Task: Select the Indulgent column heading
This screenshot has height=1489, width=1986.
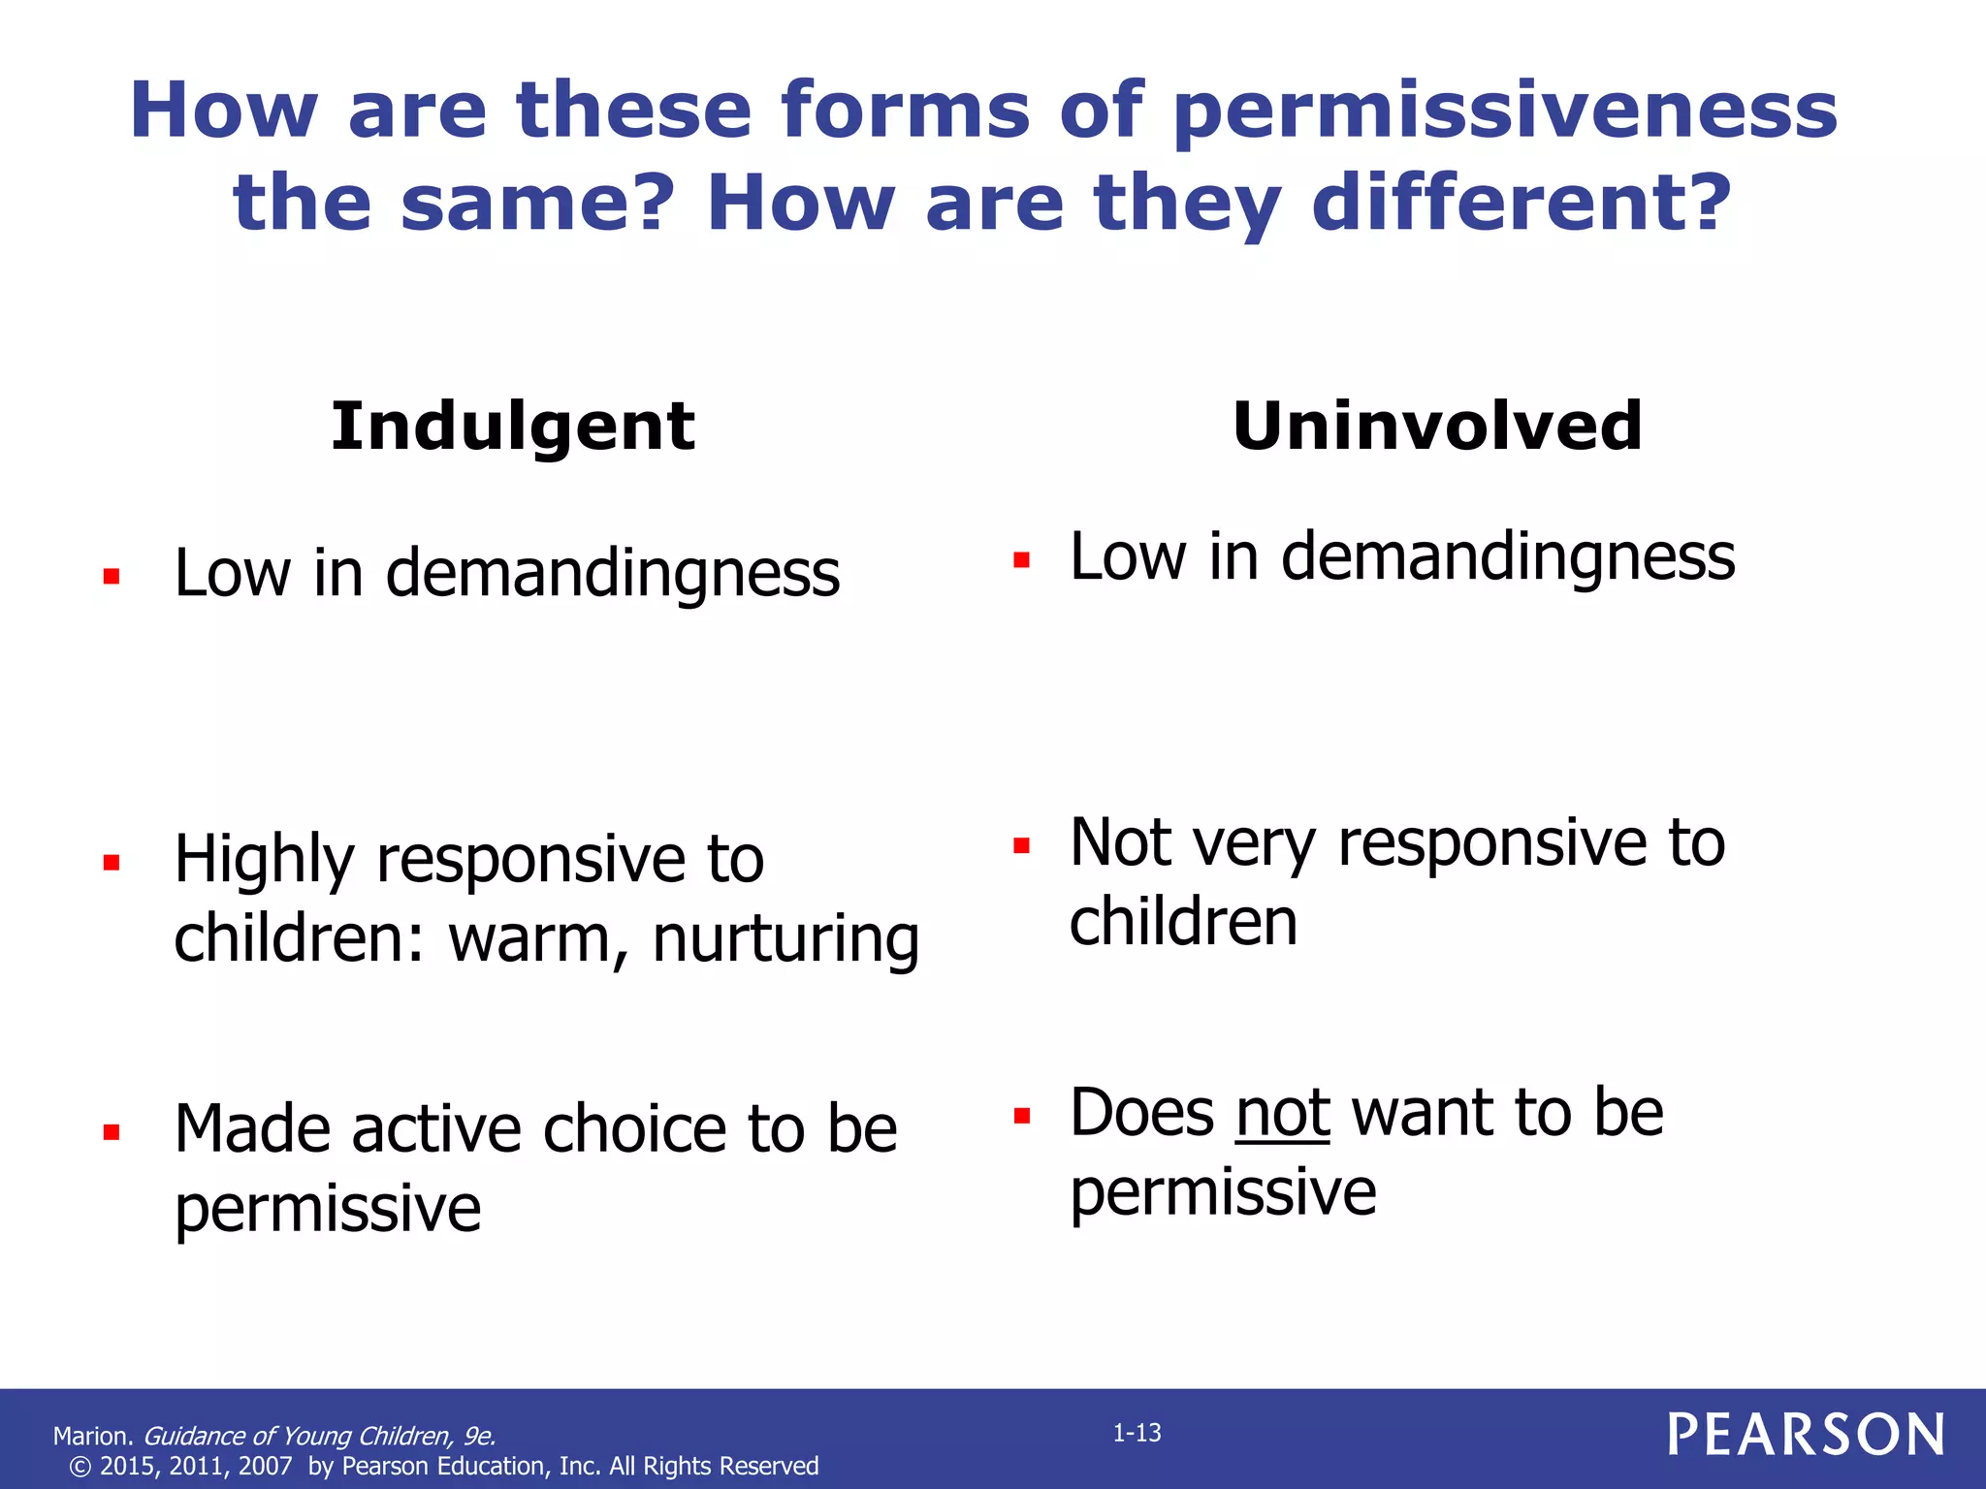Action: click(512, 428)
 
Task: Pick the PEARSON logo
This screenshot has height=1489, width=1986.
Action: click(1806, 1435)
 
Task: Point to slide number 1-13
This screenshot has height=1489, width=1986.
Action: click(1137, 1433)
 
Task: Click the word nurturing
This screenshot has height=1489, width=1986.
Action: click(785, 940)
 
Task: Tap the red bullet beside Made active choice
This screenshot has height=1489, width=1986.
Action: click(112, 1131)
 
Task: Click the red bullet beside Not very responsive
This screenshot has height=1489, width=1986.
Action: click(1021, 845)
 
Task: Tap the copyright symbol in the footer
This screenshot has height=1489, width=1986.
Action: click(80, 1467)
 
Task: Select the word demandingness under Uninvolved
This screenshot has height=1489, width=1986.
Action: click(1508, 558)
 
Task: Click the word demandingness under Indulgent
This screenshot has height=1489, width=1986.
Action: click(613, 574)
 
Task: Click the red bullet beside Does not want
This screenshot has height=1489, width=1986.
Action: click(1021, 1116)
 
